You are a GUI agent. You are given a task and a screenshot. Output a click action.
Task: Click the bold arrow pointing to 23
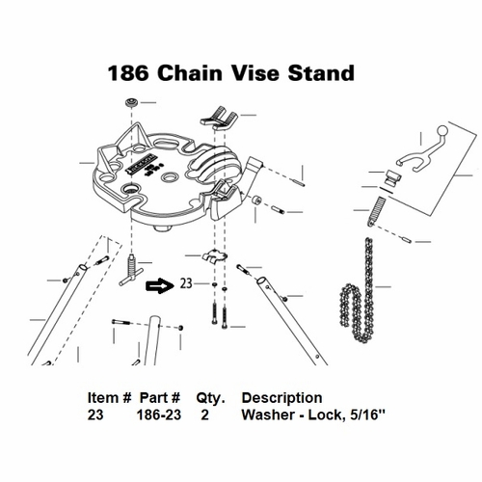[160, 285]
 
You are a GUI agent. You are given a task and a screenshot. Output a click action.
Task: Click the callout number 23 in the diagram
[186, 283]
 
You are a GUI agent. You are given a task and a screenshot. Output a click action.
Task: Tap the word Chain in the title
[190, 73]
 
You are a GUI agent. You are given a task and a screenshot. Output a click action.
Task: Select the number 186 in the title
[128, 73]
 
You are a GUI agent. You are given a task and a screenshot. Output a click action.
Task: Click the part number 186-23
[159, 415]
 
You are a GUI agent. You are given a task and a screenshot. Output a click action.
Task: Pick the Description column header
[281, 398]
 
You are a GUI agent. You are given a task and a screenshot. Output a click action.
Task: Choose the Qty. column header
[211, 398]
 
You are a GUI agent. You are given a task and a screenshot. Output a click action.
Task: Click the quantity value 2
[204, 415]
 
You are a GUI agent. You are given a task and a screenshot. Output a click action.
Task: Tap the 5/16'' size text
[366, 415]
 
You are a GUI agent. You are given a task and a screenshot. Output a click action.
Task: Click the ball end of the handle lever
[442, 131]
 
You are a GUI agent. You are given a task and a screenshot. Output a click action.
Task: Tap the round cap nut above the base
[131, 103]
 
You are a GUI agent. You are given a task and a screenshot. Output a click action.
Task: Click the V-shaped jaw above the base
[219, 118]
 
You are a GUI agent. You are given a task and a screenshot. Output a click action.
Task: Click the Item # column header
[109, 398]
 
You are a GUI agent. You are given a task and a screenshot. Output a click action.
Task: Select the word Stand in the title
[321, 73]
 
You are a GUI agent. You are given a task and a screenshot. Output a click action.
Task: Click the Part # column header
[160, 398]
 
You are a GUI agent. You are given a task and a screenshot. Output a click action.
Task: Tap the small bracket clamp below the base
[215, 255]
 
